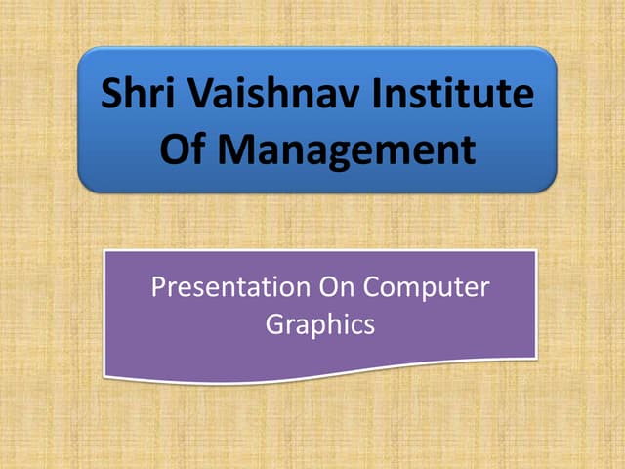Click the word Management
coord(346,151)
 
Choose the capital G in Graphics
coord(274,324)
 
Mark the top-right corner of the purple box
coord(535,252)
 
